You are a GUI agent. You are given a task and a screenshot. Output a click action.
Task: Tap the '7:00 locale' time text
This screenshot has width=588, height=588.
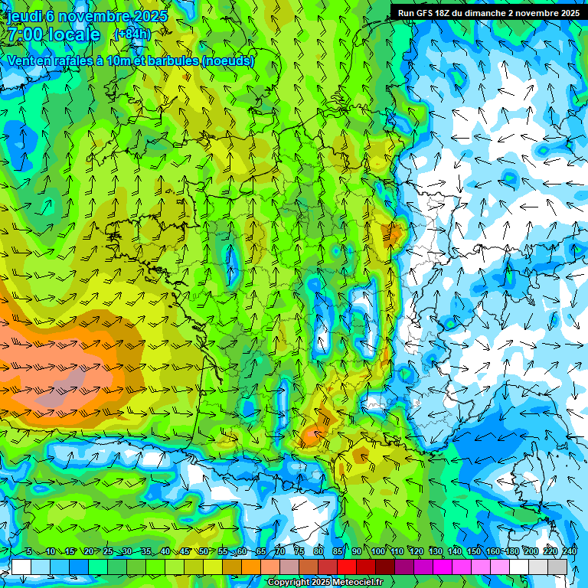coord(54,34)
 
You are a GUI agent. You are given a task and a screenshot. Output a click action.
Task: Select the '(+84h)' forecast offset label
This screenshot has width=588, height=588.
coord(132,34)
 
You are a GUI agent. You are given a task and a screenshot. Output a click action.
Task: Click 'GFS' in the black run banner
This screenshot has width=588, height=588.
coord(427,13)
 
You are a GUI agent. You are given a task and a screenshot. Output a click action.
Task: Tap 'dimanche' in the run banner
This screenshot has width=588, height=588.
coord(486,13)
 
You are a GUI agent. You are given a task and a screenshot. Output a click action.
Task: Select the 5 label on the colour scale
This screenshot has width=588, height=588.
coord(28,552)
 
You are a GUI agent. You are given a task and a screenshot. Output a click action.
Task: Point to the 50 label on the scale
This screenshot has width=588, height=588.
coord(204,552)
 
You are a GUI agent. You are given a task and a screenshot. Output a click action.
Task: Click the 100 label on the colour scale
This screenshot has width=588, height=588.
coord(378,552)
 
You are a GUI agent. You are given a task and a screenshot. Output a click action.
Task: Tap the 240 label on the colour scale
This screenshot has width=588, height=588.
coord(570,552)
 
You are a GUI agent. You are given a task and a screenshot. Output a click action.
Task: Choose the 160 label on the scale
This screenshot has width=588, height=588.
coord(493,552)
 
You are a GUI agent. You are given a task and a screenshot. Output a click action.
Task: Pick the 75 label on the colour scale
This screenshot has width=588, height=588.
coord(299,552)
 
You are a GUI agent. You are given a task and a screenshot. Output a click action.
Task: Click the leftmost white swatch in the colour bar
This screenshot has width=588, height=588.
coord(21,567)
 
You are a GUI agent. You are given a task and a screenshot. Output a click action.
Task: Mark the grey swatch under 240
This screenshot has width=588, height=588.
coord(557,567)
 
